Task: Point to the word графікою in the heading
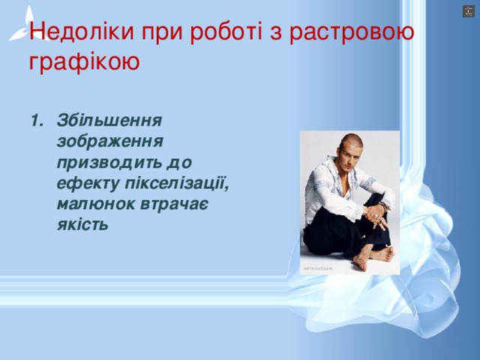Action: tap(84, 61)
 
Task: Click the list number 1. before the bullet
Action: tap(35, 120)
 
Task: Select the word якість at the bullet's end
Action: tap(82, 224)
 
